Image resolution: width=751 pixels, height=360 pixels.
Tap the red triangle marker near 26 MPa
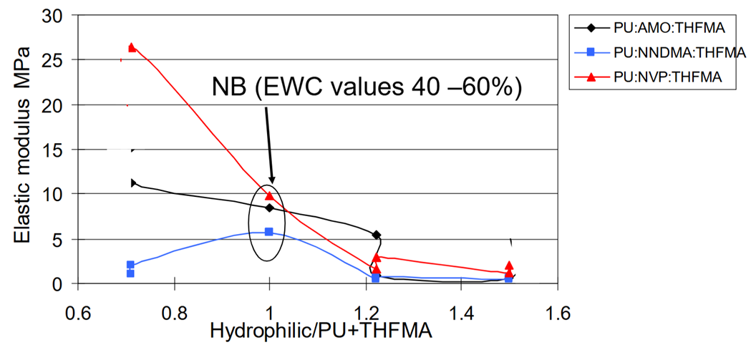pyautogui.click(x=132, y=47)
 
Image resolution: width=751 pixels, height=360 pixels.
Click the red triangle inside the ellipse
pyautogui.click(x=269, y=195)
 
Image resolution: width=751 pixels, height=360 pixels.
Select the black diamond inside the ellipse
pyautogui.click(x=269, y=208)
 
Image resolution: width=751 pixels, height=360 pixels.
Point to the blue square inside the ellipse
pyautogui.click(x=269, y=232)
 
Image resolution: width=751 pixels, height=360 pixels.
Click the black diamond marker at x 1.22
pyautogui.click(x=377, y=235)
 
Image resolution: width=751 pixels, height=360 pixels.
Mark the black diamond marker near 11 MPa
pyautogui.click(x=133, y=183)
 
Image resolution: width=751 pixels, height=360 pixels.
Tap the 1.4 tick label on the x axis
pyautogui.click(x=461, y=313)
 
